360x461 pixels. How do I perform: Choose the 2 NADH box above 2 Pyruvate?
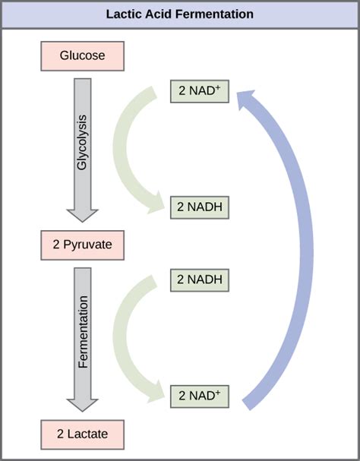[x=199, y=206]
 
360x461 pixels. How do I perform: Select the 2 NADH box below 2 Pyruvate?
[x=199, y=279]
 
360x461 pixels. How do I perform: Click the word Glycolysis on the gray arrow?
[x=83, y=144]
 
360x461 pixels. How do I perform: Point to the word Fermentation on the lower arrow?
[x=83, y=333]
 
